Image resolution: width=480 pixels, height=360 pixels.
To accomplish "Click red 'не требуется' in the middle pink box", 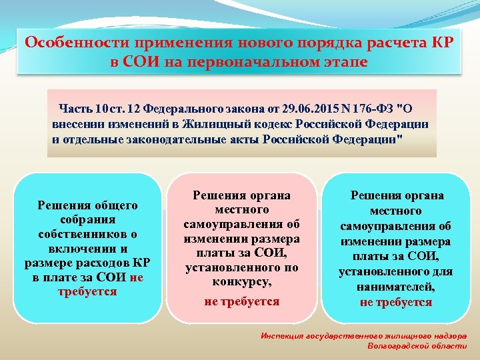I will click(241, 301).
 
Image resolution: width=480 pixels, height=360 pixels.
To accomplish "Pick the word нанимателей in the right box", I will click(396, 287).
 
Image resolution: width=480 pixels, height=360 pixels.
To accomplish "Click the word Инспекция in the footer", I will click(283, 337).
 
